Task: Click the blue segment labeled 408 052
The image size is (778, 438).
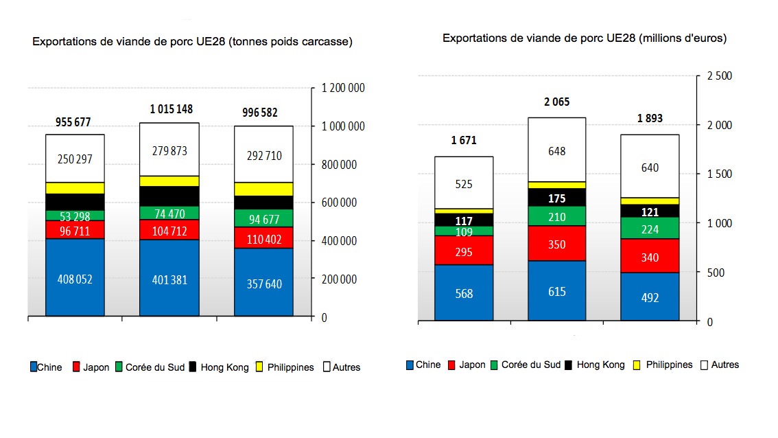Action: tap(75, 278)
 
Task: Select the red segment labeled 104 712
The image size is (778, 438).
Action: tap(169, 229)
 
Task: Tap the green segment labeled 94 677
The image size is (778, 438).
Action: tap(263, 218)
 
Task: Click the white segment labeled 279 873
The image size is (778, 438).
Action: tap(169, 150)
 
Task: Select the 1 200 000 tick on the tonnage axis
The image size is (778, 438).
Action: tap(343, 88)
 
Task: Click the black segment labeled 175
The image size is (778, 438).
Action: tap(556, 198)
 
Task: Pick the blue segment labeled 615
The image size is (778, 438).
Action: tap(556, 291)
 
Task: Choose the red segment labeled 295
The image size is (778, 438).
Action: tap(464, 251)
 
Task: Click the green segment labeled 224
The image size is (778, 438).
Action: tap(649, 229)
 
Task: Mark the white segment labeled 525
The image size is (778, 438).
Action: tap(464, 183)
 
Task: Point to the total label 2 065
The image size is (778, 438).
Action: tap(556, 102)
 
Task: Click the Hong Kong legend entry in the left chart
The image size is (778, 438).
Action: tap(220, 367)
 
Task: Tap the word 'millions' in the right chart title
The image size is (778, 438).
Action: tap(658, 38)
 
